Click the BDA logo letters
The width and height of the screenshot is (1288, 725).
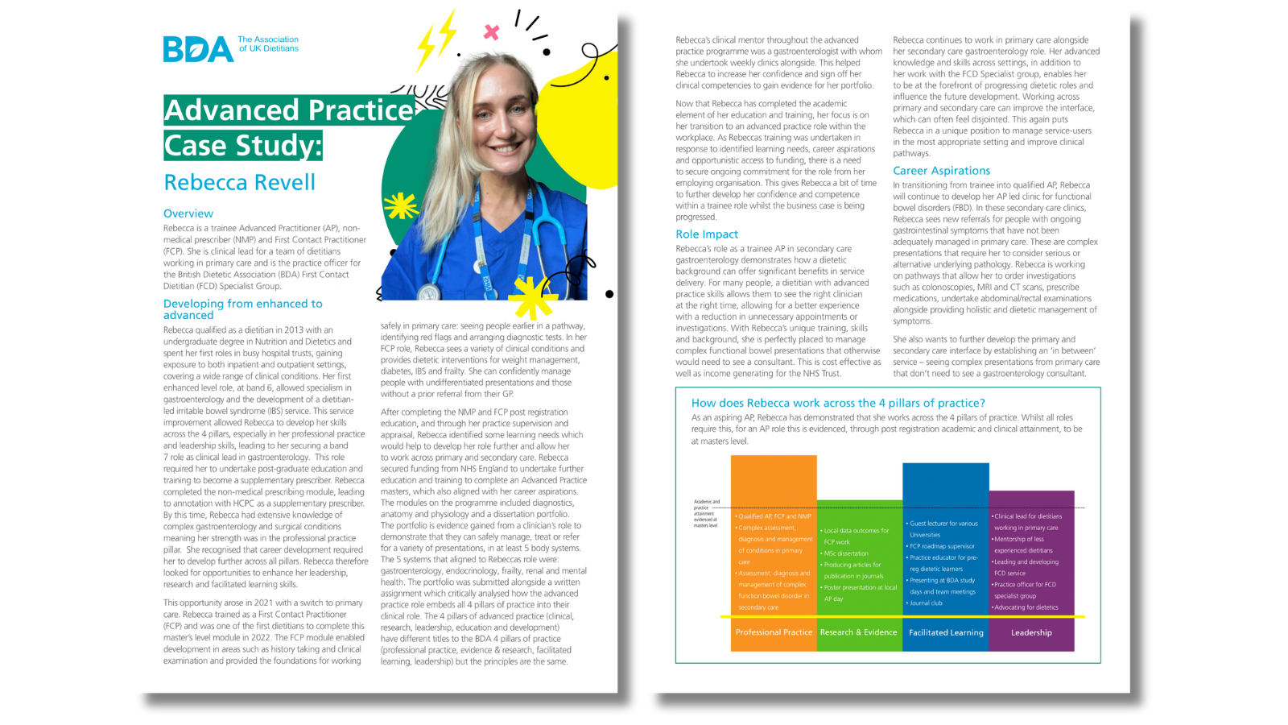pyautogui.click(x=197, y=49)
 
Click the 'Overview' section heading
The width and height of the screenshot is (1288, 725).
pyautogui.click(x=188, y=213)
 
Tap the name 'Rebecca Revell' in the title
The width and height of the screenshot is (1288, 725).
pyautogui.click(x=240, y=183)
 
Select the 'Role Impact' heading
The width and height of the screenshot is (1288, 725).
pyautogui.click(x=707, y=234)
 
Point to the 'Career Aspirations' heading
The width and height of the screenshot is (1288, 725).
pyautogui.click(x=941, y=171)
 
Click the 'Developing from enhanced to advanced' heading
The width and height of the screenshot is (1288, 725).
pyautogui.click(x=242, y=309)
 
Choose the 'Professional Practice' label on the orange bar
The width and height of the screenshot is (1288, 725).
pyautogui.click(x=774, y=632)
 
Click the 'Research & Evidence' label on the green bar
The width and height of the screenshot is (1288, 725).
pyautogui.click(x=858, y=632)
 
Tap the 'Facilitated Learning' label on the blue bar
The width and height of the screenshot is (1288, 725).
pyautogui.click(x=946, y=632)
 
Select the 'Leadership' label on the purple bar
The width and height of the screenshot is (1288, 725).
pyautogui.click(x=1031, y=632)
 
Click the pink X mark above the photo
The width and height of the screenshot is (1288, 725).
pyautogui.click(x=491, y=32)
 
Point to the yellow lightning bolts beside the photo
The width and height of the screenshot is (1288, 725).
pyautogui.click(x=436, y=40)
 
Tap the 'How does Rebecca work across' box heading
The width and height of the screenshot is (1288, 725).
pyautogui.click(x=838, y=403)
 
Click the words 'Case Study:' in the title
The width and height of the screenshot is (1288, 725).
pyautogui.click(x=243, y=146)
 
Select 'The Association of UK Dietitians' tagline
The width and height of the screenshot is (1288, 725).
pyautogui.click(x=268, y=43)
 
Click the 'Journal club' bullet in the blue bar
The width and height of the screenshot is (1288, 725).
pyautogui.click(x=926, y=603)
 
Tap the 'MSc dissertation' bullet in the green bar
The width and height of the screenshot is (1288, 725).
pyautogui.click(x=846, y=553)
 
